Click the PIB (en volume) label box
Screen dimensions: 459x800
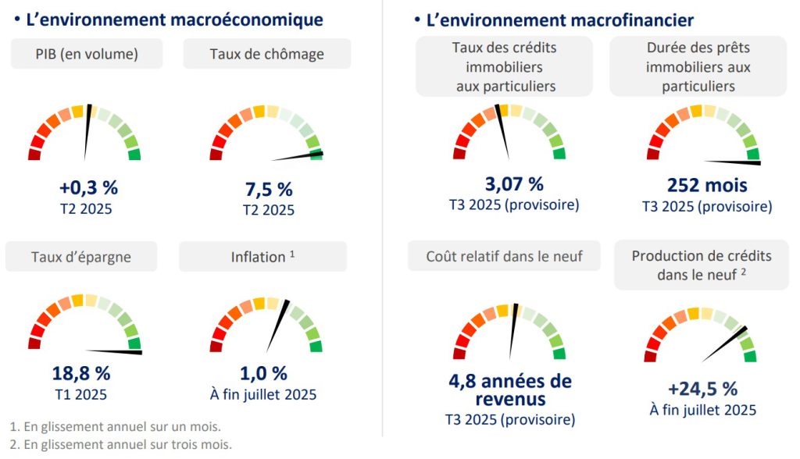point(87,54)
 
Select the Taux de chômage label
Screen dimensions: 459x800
point(266,54)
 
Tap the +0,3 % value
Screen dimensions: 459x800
point(87,188)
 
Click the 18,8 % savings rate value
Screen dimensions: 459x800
point(81,374)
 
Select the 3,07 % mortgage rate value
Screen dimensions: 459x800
point(513,185)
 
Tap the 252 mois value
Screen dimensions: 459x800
point(707,185)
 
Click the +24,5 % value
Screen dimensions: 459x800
point(702,389)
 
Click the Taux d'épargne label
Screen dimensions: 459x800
point(81,256)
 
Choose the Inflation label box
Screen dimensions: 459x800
point(262,256)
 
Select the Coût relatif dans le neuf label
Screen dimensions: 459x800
point(504,256)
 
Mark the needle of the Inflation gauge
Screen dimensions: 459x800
point(277,325)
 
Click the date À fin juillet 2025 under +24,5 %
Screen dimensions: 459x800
point(702,410)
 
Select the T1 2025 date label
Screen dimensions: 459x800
point(81,394)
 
